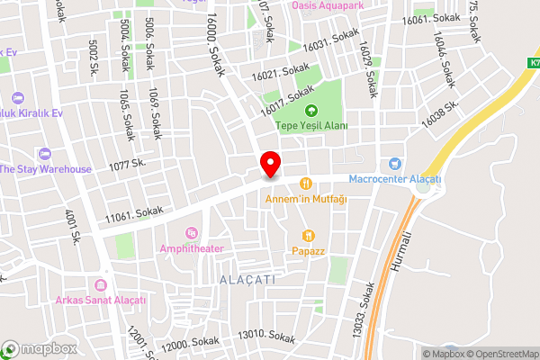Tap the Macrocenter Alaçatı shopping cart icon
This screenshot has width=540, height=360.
[x=394, y=165]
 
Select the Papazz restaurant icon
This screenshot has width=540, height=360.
[x=308, y=236]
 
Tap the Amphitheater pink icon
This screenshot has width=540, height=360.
[x=189, y=234]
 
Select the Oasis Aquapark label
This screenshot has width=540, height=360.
[x=328, y=4]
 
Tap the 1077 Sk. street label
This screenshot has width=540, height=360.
[x=127, y=165]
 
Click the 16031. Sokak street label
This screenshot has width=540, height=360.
[x=331, y=41]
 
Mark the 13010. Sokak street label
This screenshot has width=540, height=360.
[x=266, y=337]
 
